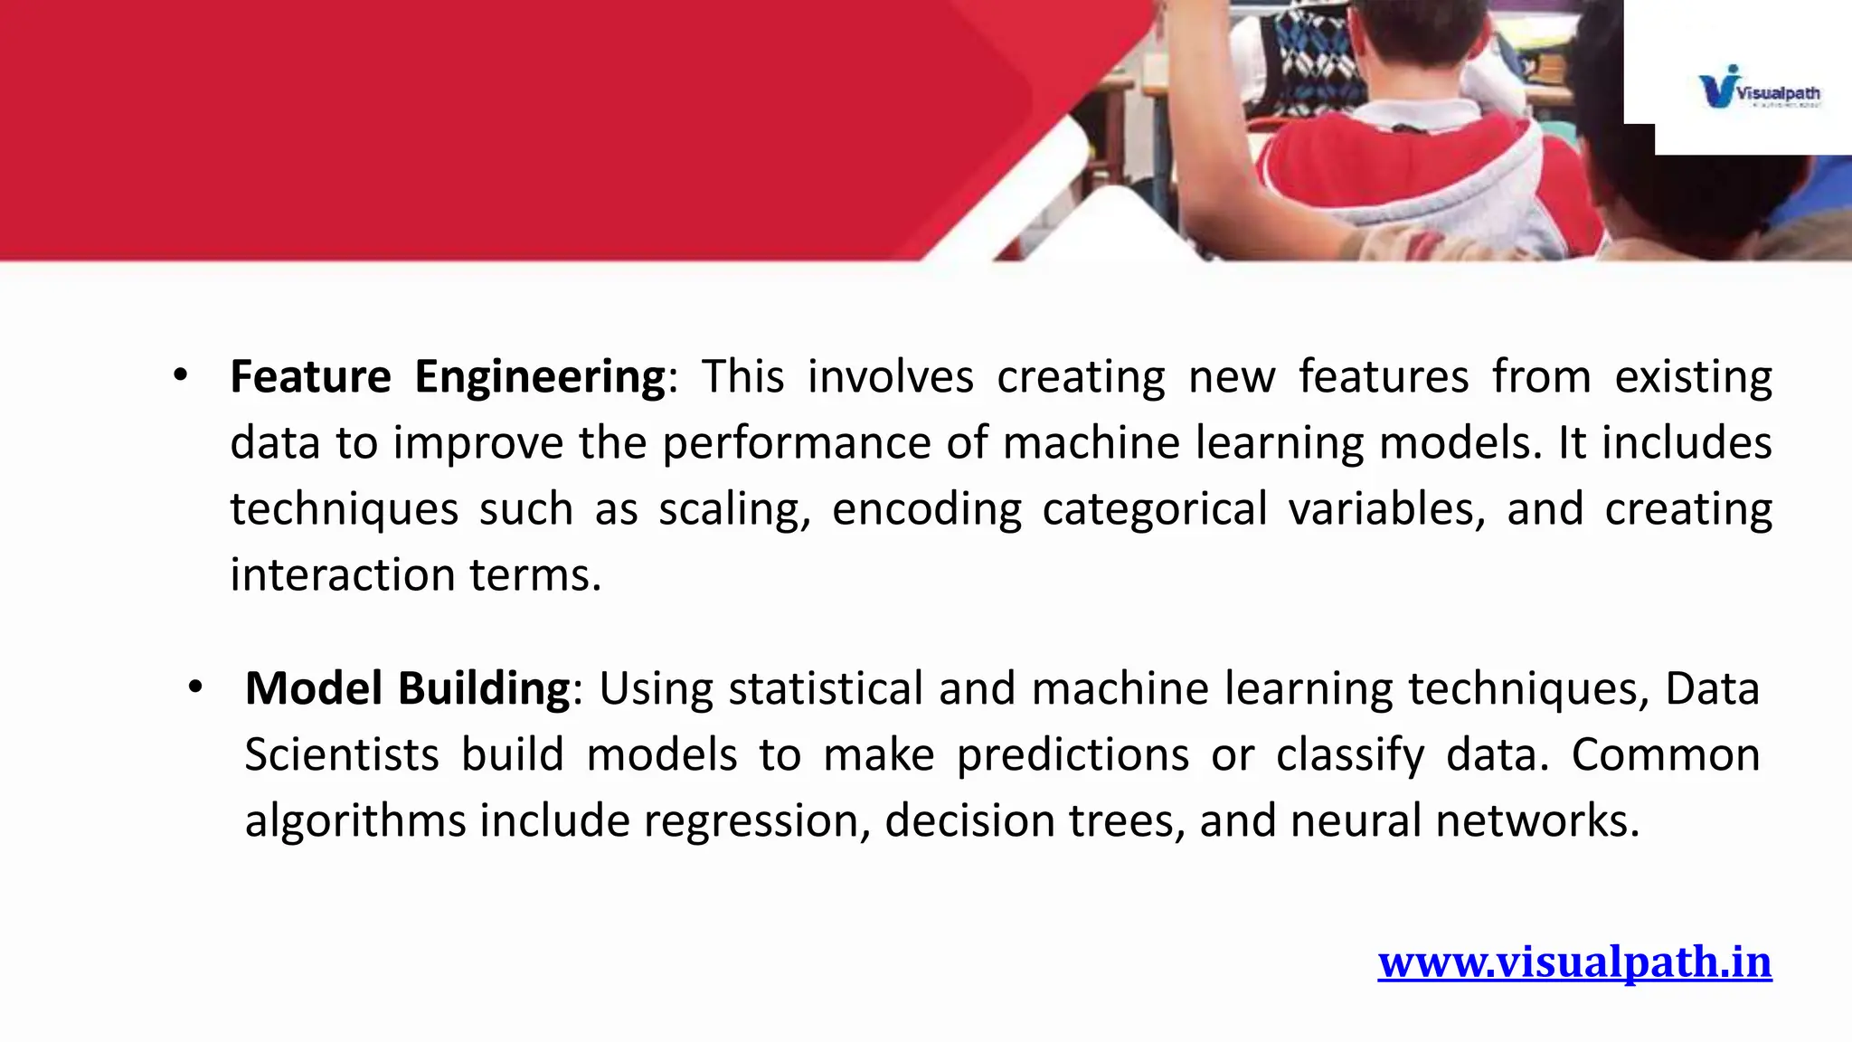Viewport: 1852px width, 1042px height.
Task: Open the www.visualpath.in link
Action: coord(1574,961)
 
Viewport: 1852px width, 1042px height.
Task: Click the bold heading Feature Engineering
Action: coord(448,376)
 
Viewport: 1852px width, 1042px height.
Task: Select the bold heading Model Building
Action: coord(407,688)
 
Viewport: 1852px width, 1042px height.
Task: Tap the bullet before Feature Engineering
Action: coord(181,375)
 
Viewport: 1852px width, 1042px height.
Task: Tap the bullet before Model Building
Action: coord(195,688)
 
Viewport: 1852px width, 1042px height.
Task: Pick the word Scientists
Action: coord(342,754)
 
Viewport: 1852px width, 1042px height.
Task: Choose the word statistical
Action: coord(825,688)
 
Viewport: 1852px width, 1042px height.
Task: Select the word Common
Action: coord(1665,754)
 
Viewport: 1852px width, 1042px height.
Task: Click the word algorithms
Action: coord(354,820)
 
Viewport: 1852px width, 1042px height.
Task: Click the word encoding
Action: coord(927,509)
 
